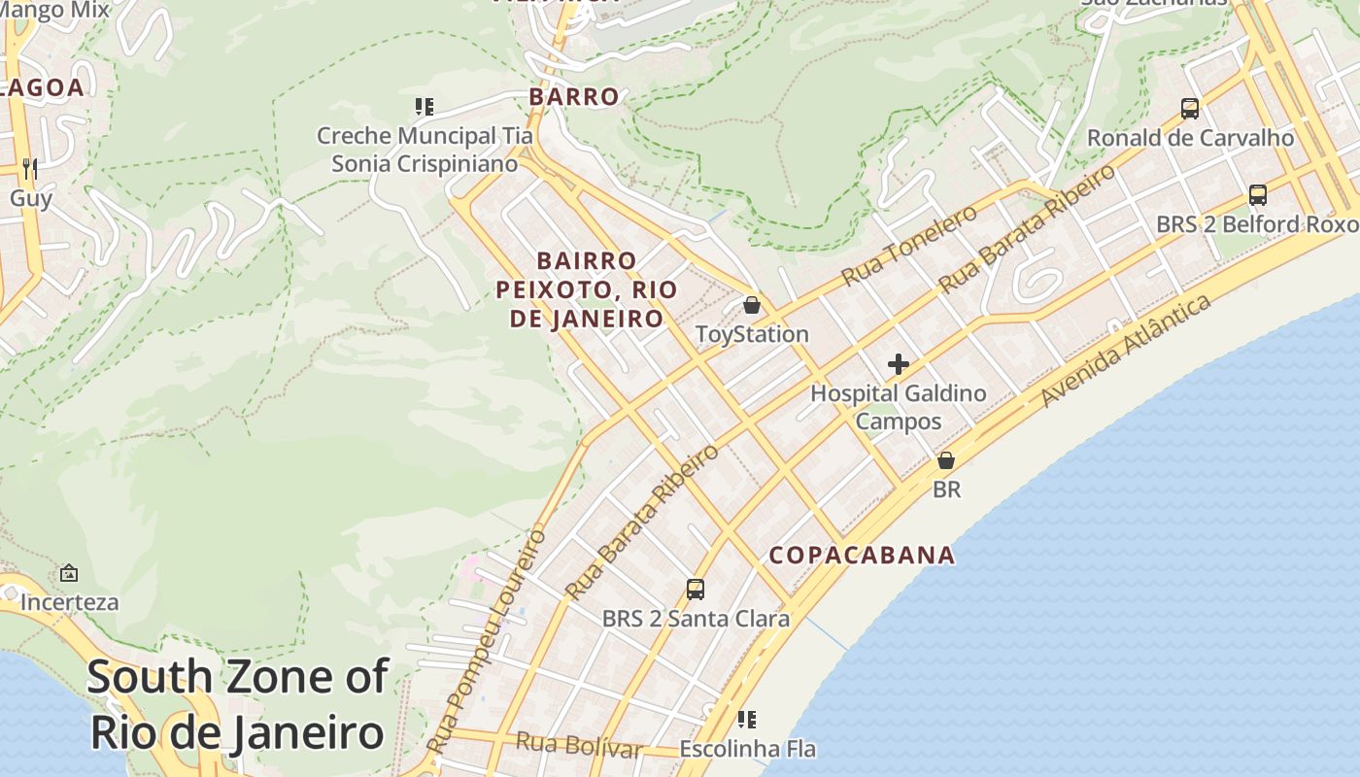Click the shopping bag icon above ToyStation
(x=751, y=305)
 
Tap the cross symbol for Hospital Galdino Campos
(x=899, y=364)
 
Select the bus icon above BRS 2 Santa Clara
(x=696, y=589)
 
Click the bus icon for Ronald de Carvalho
(x=1190, y=108)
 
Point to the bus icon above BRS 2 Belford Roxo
(x=1258, y=194)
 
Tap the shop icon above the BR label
(x=946, y=460)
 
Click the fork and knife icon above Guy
(x=30, y=169)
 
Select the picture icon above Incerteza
(x=69, y=573)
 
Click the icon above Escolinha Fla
(x=747, y=720)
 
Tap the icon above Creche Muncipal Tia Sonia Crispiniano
(x=424, y=106)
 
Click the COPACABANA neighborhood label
(x=862, y=556)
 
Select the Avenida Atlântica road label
(x=1126, y=351)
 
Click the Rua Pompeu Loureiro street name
(x=489, y=641)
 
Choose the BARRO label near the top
(x=573, y=96)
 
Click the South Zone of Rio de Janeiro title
(x=238, y=704)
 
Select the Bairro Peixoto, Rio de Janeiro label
(x=587, y=289)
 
